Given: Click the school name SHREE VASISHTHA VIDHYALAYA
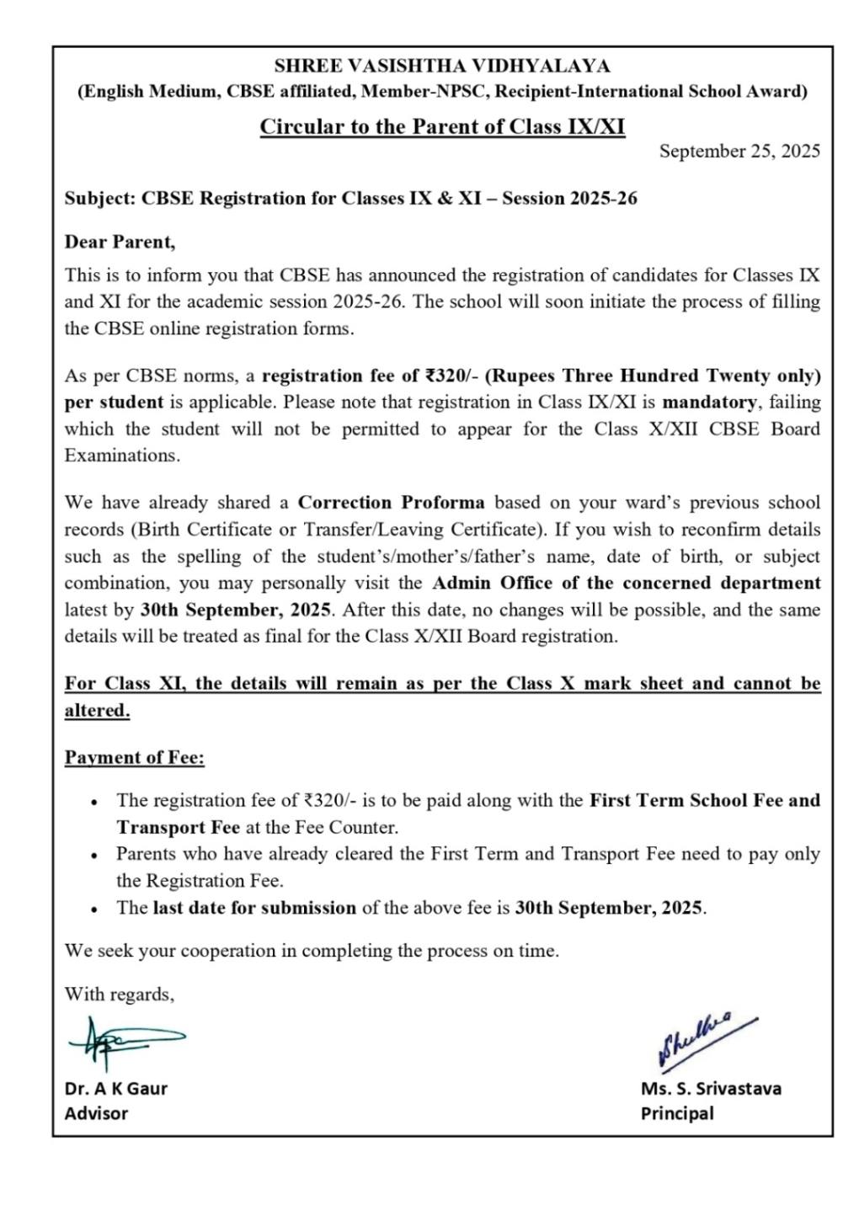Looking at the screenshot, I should pyautogui.click(x=442, y=66).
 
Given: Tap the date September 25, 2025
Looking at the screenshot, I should pyautogui.click(x=739, y=152).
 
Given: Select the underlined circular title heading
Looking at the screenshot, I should pyautogui.click(x=442, y=126).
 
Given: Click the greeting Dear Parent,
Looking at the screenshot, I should pyautogui.click(x=120, y=243).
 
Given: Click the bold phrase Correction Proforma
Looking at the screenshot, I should pyautogui.click(x=392, y=503).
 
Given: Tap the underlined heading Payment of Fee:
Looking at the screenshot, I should pyautogui.click(x=135, y=758).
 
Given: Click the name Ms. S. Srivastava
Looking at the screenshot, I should pyautogui.click(x=711, y=1088).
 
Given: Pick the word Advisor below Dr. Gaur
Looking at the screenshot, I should pyautogui.click(x=96, y=1113).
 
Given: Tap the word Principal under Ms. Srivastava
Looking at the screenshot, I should pyautogui.click(x=676, y=1113).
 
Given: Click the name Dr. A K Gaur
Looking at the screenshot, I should pyautogui.click(x=116, y=1088).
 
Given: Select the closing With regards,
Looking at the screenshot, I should pyautogui.click(x=120, y=995).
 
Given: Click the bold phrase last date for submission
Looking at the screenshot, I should pyautogui.click(x=254, y=908).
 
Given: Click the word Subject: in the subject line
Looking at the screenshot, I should pyautogui.click(x=99, y=199).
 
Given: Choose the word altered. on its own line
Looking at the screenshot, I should pyautogui.click(x=98, y=711).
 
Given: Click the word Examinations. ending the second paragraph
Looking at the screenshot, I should pyautogui.click(x=122, y=456).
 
